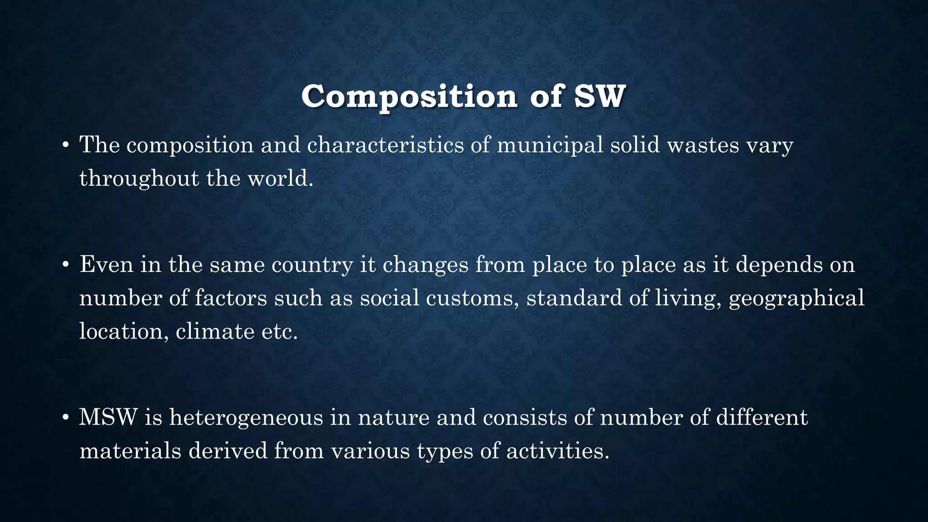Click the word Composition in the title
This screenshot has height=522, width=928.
click(x=409, y=97)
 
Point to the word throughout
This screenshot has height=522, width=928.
click(x=139, y=179)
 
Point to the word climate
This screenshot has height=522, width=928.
click(x=215, y=331)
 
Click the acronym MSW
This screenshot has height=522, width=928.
click(x=108, y=417)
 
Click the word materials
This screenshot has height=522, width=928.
click(x=130, y=451)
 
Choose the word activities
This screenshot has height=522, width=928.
click(x=557, y=451)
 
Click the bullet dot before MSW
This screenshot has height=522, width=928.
click(x=66, y=417)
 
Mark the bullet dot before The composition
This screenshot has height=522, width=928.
click(x=66, y=145)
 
